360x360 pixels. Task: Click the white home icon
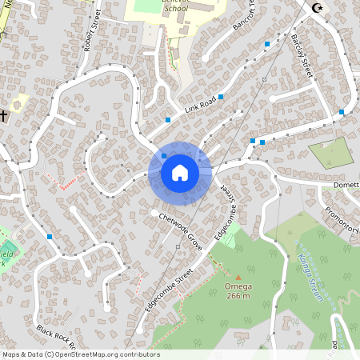coord(180,173)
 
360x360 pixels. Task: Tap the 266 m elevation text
coord(238,296)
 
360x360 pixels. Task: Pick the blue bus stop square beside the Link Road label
coord(221,97)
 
